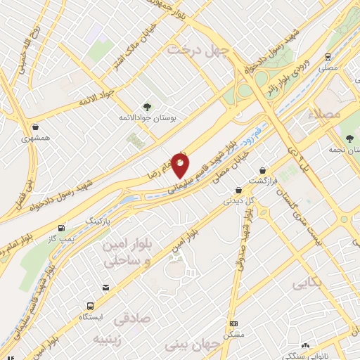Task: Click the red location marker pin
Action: click(181, 165)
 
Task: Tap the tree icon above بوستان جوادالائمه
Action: click(146, 105)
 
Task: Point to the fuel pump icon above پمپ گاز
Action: click(63, 228)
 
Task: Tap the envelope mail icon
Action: click(105, 287)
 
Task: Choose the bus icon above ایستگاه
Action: click(91, 306)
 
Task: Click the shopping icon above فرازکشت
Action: click(262, 170)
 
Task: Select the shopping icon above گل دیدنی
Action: click(238, 190)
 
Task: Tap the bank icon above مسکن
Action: click(234, 323)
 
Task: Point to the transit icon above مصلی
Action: click(328, 57)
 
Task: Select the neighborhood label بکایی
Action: click(308, 285)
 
